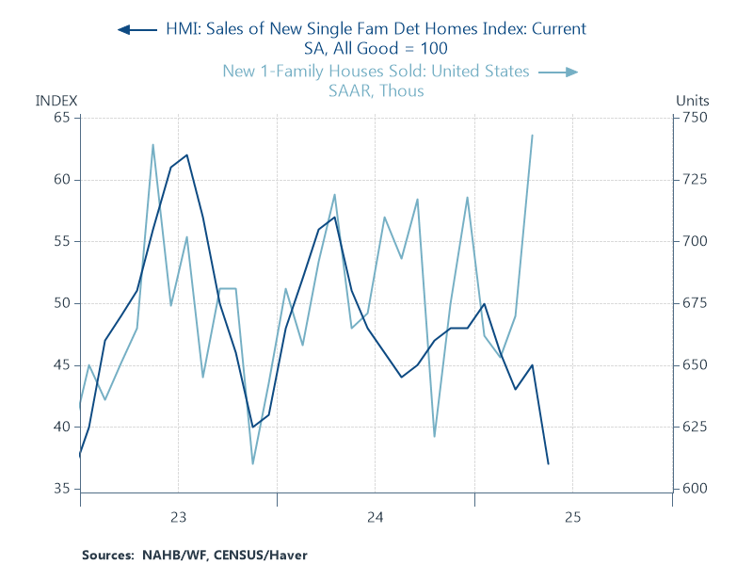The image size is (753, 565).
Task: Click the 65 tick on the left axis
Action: (x=61, y=118)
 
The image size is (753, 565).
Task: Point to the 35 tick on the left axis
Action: (x=61, y=489)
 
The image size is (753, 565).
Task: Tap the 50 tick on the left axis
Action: (x=61, y=303)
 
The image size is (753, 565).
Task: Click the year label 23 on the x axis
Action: (x=178, y=517)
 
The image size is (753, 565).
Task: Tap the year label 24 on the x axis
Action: (x=375, y=517)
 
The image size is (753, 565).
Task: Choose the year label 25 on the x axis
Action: (x=572, y=517)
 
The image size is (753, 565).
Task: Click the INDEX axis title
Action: (x=56, y=101)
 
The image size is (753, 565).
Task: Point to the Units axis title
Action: (x=693, y=101)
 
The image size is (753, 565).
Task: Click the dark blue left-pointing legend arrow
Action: (x=136, y=29)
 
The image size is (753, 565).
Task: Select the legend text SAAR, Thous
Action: (x=376, y=91)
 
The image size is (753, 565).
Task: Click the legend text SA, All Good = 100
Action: (x=376, y=49)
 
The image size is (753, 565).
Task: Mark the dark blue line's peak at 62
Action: (x=187, y=155)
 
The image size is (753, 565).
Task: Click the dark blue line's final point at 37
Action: (x=548, y=463)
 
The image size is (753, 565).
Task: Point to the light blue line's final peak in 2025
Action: (x=532, y=136)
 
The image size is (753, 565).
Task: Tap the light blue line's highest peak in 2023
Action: (x=153, y=145)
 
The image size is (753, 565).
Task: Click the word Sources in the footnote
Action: (x=104, y=555)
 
